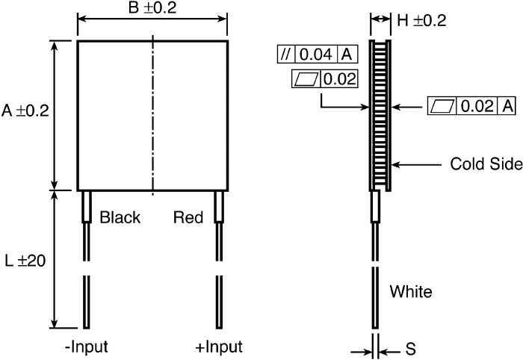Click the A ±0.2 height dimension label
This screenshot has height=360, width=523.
(x=25, y=111)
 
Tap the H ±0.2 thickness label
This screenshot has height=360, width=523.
(x=421, y=21)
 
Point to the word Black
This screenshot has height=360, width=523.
(x=120, y=218)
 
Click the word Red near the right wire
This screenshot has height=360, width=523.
(x=188, y=218)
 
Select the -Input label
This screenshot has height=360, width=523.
(x=86, y=347)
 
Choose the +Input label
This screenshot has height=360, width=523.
(x=218, y=347)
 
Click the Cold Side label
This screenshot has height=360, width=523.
(x=480, y=164)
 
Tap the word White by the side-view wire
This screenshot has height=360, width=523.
(x=411, y=290)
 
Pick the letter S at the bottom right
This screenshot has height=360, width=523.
(x=411, y=348)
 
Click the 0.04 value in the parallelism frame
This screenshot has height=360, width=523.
(x=318, y=55)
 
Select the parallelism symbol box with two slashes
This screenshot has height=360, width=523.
(x=286, y=55)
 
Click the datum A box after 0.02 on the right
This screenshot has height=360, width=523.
(x=508, y=107)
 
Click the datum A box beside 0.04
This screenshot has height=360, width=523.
(x=347, y=55)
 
